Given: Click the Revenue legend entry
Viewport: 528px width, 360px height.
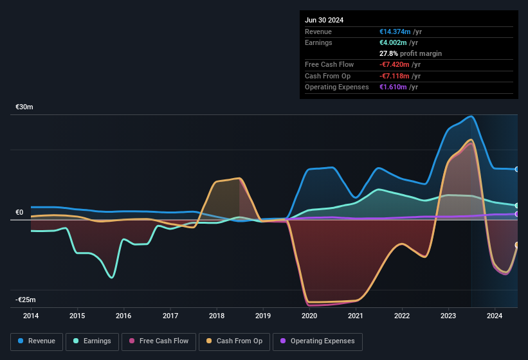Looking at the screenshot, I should click(37, 341).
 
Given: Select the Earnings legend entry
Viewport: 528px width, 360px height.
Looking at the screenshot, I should click(92, 341).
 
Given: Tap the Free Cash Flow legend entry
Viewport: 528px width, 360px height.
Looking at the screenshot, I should click(158, 341).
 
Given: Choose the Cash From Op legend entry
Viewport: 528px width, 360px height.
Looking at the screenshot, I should click(234, 341).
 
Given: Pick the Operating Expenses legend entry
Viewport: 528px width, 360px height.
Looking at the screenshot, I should click(317, 341).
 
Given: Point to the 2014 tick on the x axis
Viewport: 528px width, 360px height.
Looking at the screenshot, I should click(30, 316).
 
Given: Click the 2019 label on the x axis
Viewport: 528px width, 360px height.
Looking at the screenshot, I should click(263, 316).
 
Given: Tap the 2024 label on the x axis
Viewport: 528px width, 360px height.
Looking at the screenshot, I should click(495, 316).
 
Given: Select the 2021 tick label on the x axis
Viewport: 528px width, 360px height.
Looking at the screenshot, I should click(356, 316).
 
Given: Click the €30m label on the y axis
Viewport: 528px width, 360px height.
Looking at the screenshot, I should click(24, 107).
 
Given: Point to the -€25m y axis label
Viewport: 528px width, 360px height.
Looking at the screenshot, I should click(25, 300).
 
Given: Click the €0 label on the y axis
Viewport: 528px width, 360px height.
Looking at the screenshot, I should click(19, 212).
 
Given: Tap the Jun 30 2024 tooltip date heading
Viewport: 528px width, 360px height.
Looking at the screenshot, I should click(324, 20).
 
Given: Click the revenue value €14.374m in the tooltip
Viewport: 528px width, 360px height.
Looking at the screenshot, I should click(400, 32).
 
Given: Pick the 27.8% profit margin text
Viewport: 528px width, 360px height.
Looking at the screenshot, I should click(410, 53).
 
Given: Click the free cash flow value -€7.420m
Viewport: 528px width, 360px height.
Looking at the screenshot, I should click(399, 64).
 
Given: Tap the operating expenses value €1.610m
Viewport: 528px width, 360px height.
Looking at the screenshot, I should click(398, 87).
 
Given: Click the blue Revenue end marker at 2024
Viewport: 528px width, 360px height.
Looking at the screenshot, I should click(517, 169).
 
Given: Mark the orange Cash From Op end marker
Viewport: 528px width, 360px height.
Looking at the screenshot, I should click(517, 245).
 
